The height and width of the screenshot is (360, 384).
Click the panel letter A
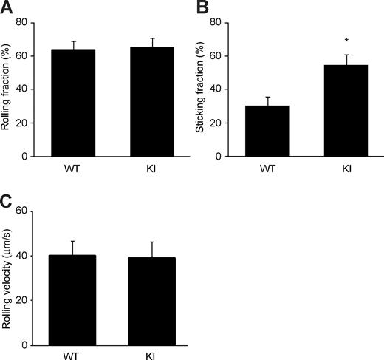tap(8, 8)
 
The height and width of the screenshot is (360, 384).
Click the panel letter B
tap(200, 8)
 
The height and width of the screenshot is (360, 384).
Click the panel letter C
tap(8, 200)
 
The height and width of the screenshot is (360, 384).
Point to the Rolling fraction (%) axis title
tap(8, 89)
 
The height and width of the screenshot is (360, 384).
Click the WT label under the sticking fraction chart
tap(267, 168)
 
